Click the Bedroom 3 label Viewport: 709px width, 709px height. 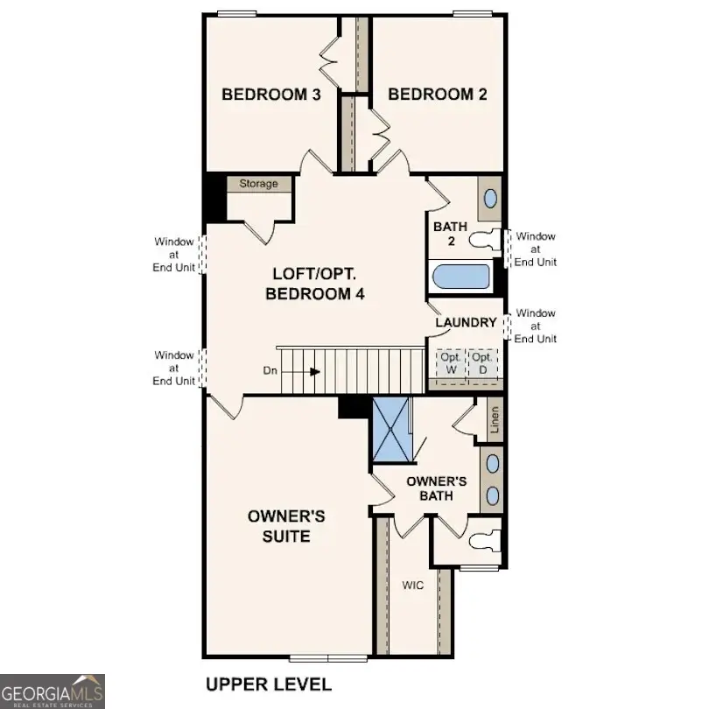click(x=270, y=95)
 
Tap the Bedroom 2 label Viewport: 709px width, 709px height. click(x=437, y=95)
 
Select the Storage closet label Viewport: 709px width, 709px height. click(x=258, y=184)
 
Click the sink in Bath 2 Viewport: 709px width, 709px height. click(x=490, y=199)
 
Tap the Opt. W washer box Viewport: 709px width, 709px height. click(x=451, y=363)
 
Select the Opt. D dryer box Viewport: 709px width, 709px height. click(x=481, y=363)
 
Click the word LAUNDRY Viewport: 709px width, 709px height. click(x=467, y=323)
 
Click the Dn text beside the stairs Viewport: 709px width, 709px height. click(x=270, y=371)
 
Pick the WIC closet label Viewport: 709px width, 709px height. click(x=412, y=585)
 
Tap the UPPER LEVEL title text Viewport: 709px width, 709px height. click(x=268, y=684)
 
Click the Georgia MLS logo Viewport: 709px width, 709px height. click(x=53, y=691)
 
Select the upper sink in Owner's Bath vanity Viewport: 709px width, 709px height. click(x=492, y=463)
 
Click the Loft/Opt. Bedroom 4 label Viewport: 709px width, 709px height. click(x=315, y=284)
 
